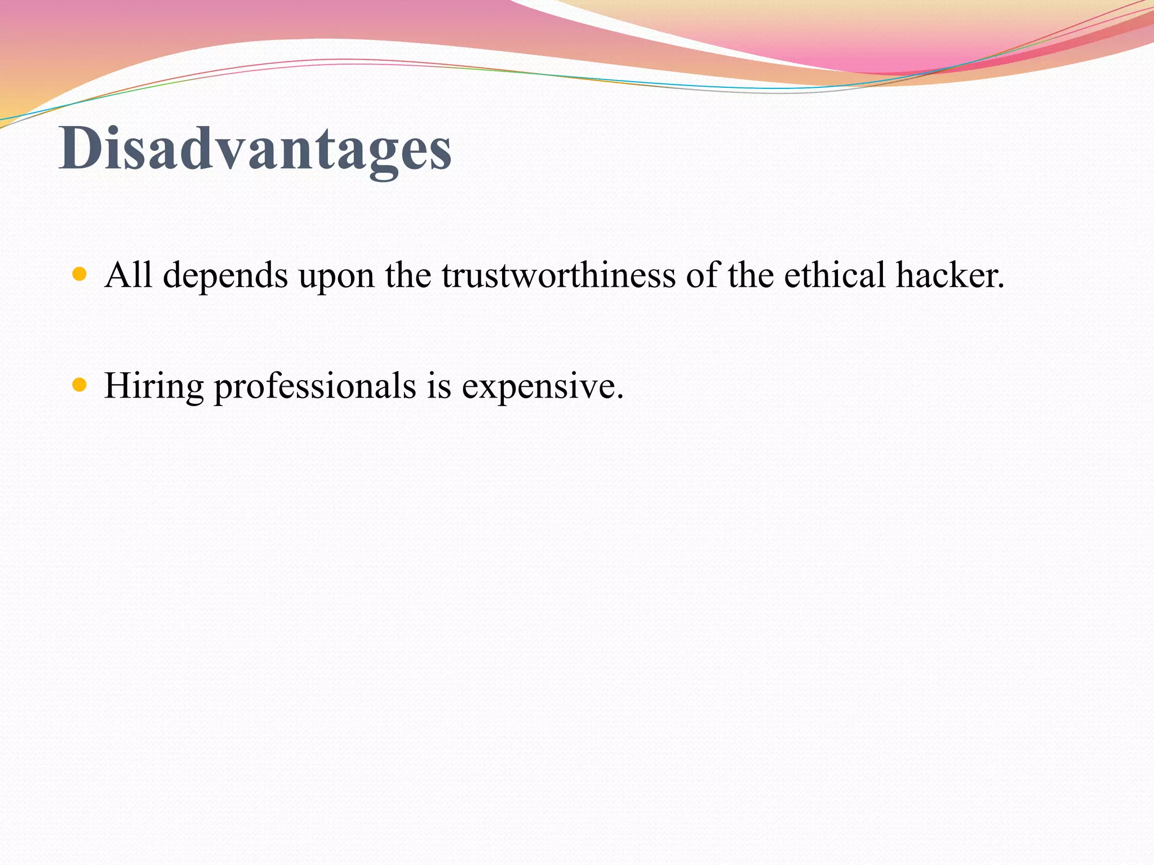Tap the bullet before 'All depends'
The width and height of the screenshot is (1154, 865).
80,275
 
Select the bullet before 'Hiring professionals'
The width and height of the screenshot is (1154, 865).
80,386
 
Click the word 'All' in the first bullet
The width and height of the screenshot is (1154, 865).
128,275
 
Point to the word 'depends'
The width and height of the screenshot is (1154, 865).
225,277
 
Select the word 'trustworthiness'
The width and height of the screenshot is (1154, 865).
558,275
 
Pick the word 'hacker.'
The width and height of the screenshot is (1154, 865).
950,275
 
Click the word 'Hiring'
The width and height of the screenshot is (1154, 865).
154,387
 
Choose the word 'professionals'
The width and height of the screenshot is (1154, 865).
315,387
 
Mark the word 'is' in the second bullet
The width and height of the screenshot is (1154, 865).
439,386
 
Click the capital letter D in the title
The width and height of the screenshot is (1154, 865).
79,148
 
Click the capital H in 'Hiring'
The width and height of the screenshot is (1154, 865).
117,386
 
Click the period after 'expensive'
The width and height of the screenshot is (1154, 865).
620,397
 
